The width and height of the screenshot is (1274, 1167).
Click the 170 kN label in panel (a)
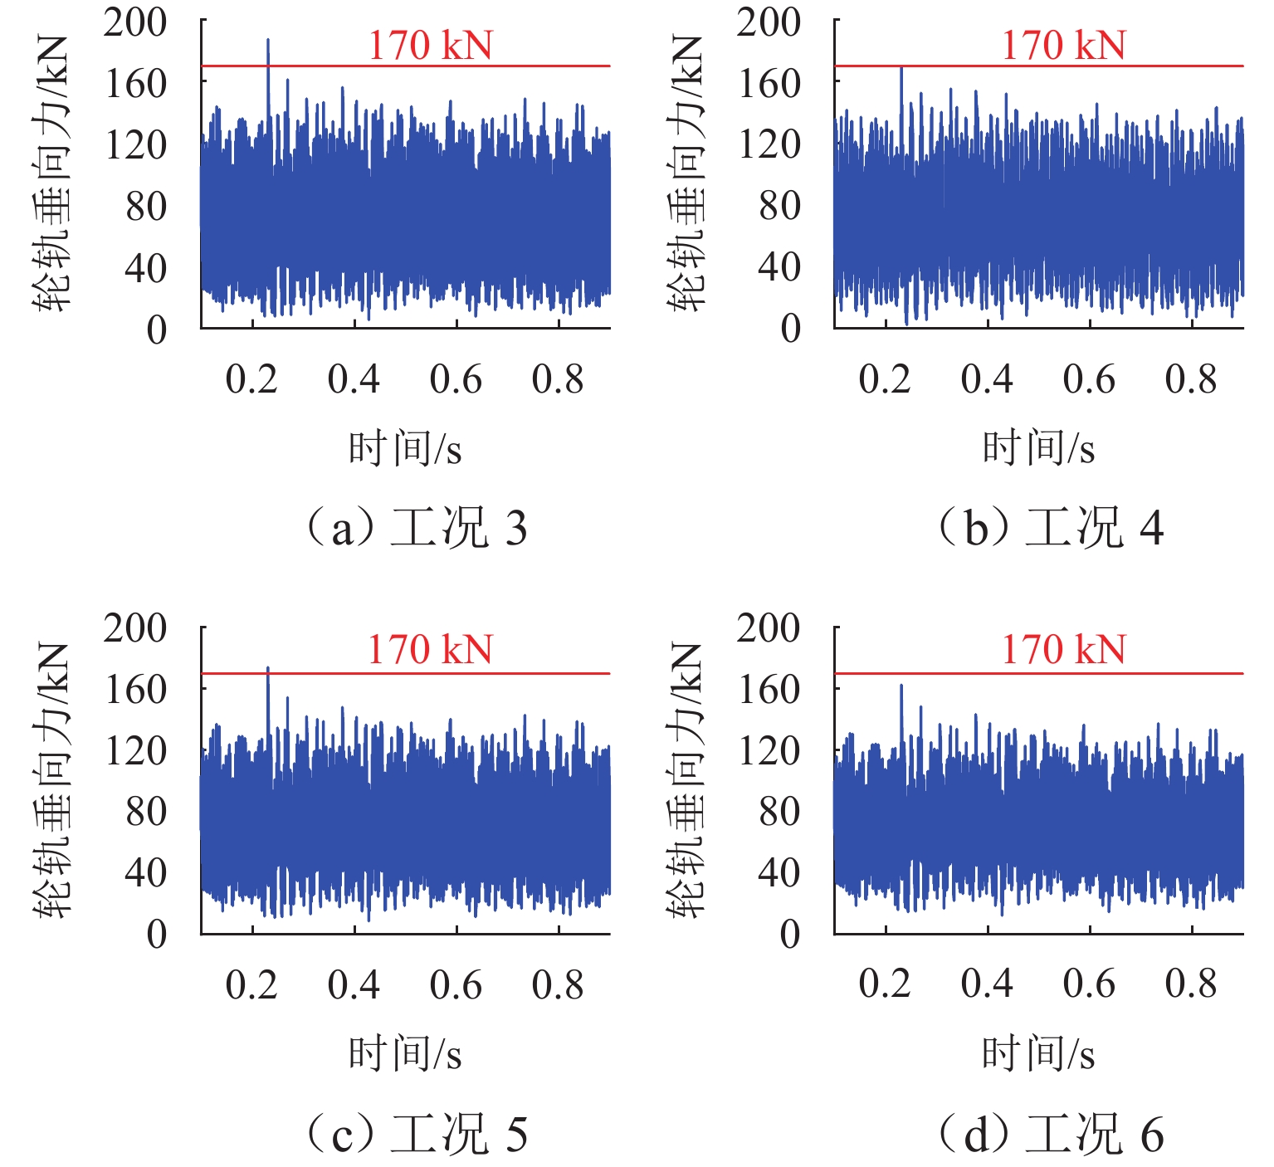[430, 46]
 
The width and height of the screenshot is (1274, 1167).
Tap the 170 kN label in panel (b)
[1063, 46]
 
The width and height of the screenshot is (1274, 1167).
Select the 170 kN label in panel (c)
[430, 650]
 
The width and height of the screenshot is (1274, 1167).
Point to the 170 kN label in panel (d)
[1063, 650]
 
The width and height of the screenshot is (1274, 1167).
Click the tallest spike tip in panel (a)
[268, 40]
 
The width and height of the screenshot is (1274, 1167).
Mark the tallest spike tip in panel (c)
[268, 667]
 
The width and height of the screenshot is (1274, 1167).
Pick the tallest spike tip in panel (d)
[901, 686]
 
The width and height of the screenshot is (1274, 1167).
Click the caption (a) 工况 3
[417, 529]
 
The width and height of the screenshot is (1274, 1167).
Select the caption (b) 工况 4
[1051, 529]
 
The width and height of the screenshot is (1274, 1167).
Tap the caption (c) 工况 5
[417, 1135]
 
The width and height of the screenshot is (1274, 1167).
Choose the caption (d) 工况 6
[1051, 1135]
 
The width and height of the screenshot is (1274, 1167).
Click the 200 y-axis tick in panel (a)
[135, 22]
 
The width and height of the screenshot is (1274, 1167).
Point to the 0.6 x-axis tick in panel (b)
[1089, 379]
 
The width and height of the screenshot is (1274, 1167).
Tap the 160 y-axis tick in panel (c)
[135, 689]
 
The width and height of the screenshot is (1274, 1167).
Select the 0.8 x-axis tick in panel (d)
[1191, 984]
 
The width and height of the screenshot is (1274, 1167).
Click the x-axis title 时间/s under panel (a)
[405, 449]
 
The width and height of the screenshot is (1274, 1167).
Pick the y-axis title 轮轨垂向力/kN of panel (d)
[686, 780]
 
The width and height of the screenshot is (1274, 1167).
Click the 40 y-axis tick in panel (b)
[779, 267]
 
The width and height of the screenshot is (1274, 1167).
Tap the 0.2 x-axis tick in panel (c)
[251, 985]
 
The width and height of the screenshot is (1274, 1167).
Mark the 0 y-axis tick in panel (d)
[790, 935]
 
